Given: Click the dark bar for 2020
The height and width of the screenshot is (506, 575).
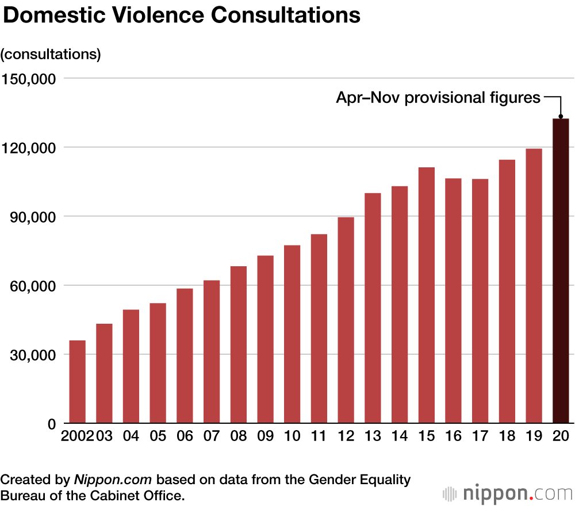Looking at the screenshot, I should pos(561,271).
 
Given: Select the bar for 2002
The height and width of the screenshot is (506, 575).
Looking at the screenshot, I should pos(77,382).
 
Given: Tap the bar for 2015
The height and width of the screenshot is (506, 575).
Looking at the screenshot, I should pos(427,296).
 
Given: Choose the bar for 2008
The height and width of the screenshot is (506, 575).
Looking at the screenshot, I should pos(238,345).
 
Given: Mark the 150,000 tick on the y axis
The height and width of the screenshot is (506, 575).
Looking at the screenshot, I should pos(28,78).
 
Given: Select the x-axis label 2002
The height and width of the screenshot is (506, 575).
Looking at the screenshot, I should pos(77,436).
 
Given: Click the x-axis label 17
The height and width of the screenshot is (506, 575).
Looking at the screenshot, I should pos(480,436).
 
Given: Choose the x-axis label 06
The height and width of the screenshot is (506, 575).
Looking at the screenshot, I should pos(185,436).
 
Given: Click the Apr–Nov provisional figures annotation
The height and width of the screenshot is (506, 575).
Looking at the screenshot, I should pos(438,98).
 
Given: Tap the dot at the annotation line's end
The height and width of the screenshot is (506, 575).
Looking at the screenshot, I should pos(561,116).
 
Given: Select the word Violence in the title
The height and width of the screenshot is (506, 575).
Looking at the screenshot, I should pos(160,16).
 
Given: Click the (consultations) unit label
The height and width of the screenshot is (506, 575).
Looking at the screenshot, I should pos(51,54).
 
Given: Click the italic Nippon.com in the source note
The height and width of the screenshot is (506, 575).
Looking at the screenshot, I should pos(113,480).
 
